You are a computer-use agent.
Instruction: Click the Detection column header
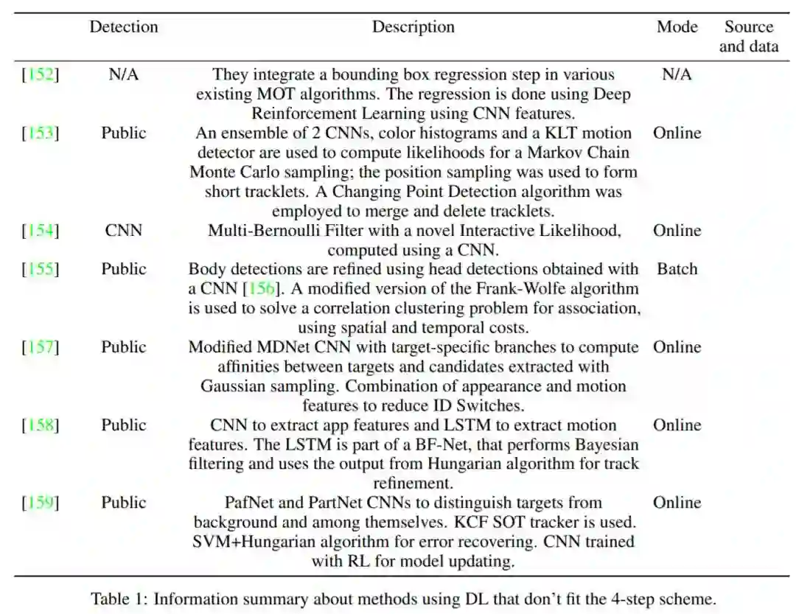[124, 27]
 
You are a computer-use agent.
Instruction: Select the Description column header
[413, 27]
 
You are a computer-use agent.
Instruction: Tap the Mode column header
[677, 27]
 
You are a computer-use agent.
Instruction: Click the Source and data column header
[749, 37]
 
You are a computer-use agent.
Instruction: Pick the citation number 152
[41, 74]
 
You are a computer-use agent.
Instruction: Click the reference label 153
[41, 133]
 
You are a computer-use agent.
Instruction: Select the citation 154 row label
[41, 231]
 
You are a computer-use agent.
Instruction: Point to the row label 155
[41, 269]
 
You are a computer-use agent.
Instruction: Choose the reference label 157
[41, 347]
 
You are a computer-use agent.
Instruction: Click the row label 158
[41, 425]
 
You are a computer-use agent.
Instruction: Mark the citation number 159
[41, 503]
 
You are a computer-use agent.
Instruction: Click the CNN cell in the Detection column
[124, 231]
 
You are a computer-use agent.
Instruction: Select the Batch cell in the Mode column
[677, 269]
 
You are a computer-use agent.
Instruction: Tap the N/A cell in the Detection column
[124, 74]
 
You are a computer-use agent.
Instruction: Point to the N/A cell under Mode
[677, 74]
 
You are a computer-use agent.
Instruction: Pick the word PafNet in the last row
[248, 503]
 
